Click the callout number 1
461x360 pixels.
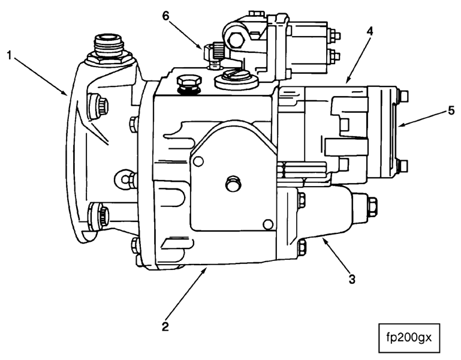pyautogui.click(x=10, y=55)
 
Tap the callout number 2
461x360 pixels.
pyautogui.click(x=165, y=328)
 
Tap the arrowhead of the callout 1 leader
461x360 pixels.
pyautogui.click(x=67, y=95)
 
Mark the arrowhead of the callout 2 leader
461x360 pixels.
pyautogui.click(x=207, y=269)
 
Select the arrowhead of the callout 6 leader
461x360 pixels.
pyautogui.click(x=206, y=47)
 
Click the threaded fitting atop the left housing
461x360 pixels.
pyautogui.click(x=107, y=46)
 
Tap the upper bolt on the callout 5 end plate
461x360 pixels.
pyautogui.click(x=403, y=94)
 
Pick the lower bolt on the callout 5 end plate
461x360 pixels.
pyautogui.click(x=403, y=165)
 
